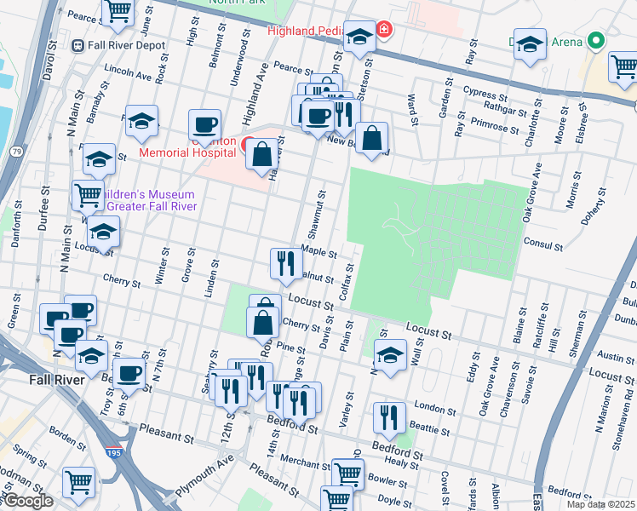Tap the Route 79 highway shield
(16, 152)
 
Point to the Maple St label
(319, 253)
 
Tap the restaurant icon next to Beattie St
(388, 417)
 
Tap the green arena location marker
(597, 40)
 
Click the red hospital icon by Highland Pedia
(384, 31)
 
